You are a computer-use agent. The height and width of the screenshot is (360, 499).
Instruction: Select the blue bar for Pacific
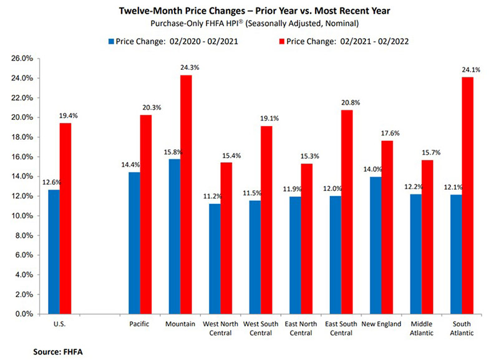coord(134,243)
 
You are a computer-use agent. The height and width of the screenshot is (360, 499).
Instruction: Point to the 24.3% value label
coord(185,69)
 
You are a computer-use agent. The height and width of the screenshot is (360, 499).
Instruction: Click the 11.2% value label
coord(213,197)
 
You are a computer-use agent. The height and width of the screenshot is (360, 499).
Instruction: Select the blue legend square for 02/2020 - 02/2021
coord(112,42)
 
